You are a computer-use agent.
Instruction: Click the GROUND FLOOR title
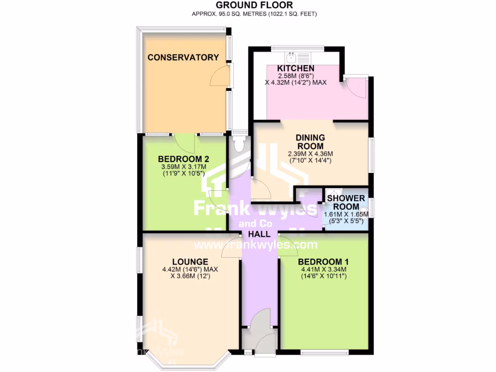255,5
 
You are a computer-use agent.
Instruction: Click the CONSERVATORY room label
183,58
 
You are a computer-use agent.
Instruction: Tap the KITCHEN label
295,68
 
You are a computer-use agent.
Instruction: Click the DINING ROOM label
310,142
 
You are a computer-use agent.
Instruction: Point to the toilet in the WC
238,144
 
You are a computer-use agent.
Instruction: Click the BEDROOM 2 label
184,159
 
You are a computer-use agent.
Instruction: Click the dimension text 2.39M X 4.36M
310,154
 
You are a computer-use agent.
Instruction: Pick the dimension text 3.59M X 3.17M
184,168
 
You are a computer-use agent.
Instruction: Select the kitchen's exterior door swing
356,87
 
